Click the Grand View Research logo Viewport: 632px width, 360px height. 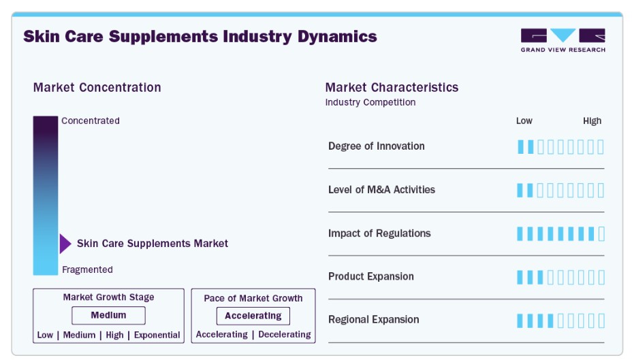tap(563, 40)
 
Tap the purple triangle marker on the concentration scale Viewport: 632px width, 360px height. tap(65, 244)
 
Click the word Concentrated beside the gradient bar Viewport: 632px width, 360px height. tap(91, 121)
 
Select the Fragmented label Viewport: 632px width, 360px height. tap(87, 269)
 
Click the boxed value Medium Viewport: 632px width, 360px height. tap(108, 315)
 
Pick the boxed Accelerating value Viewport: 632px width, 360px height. tap(253, 316)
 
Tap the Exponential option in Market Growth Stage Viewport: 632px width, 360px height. tap(157, 335)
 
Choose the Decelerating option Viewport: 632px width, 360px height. tap(285, 334)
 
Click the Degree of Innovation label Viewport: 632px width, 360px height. tap(377, 146)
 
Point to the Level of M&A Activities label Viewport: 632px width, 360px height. tap(381, 190)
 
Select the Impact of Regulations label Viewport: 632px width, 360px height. tap(379, 233)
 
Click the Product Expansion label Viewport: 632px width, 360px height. tap(370, 276)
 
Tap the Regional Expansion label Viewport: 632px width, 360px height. tap(374, 320)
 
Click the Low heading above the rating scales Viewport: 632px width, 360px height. tap(524, 121)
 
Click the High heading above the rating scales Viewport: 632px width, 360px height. tap(592, 121)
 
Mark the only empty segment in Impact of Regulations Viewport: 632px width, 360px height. tap(601, 234)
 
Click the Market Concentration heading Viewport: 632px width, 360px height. tap(97, 87)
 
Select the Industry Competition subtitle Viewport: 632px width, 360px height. tap(370, 102)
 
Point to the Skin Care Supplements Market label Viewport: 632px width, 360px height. tap(153, 244)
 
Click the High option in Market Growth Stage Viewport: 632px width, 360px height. tap(114, 335)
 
